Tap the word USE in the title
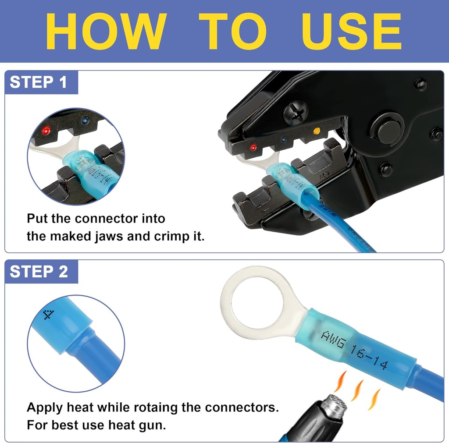click(352, 32)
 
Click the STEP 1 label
click(39, 82)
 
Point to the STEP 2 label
click(39, 271)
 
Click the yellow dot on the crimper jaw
click(316, 131)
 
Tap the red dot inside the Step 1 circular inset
click(46, 131)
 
